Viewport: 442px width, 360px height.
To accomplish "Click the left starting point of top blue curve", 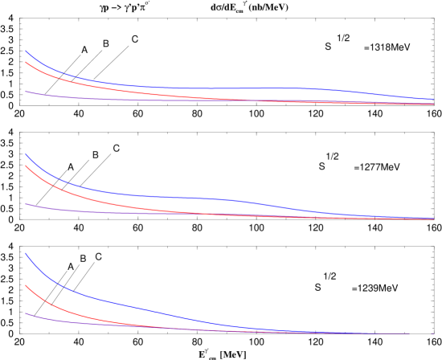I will pyautogui.click(x=26, y=51).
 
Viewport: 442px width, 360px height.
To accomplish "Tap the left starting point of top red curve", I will pyautogui.click(x=26, y=62).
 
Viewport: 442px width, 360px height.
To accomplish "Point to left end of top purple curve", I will pyautogui.click(x=26, y=91).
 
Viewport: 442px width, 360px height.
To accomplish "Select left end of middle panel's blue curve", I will pyautogui.click(x=26, y=153).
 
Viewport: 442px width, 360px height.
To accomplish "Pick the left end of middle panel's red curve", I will pyautogui.click(x=26, y=166).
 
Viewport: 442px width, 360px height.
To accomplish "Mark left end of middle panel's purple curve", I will pyautogui.click(x=26, y=204).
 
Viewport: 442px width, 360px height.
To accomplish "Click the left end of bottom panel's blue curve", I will pyautogui.click(x=26, y=254).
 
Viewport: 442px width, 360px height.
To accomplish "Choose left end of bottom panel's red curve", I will pyautogui.click(x=26, y=285).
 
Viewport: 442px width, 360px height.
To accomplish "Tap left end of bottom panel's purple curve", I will pyautogui.click(x=26, y=313).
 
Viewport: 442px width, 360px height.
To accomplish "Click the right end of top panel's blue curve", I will pyautogui.click(x=433, y=100).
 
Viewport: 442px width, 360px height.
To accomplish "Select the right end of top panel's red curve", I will pyautogui.click(x=433, y=104).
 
